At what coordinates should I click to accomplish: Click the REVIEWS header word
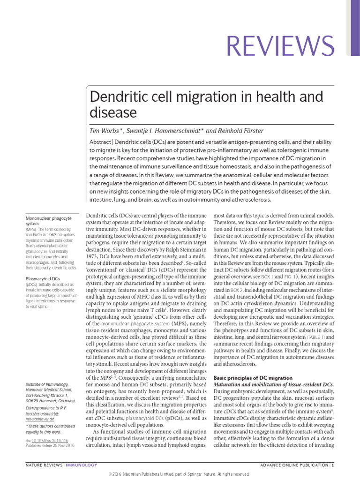[280, 46]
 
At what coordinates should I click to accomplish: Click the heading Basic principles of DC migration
[253, 378]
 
